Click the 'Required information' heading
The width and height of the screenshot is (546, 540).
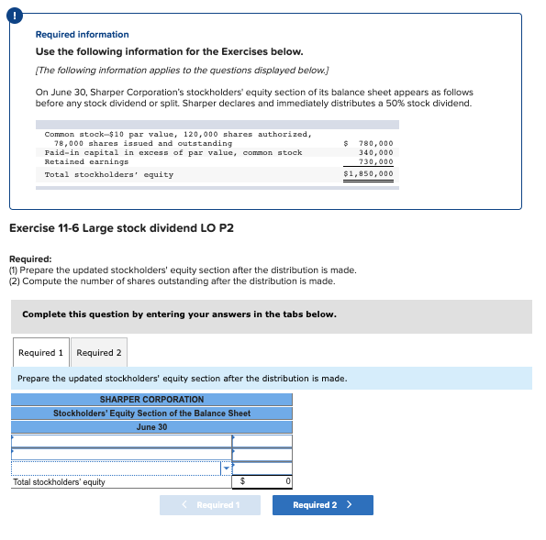82,34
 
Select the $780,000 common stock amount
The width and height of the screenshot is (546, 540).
370,143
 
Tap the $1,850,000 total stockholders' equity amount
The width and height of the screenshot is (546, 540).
369,173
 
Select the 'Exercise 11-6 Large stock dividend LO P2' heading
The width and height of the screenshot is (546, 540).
120,227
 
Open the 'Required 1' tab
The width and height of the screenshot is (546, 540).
41,352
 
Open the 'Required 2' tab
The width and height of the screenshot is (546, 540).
99,352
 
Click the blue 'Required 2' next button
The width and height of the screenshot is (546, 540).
322,505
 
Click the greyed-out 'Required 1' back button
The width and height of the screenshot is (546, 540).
209,505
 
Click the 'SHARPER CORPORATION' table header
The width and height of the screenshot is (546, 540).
151,400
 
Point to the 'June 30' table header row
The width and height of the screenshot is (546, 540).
151,427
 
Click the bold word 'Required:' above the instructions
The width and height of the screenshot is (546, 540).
29,259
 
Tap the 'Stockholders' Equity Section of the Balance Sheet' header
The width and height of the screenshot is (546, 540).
151,413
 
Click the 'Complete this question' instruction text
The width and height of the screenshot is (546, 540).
179,314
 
